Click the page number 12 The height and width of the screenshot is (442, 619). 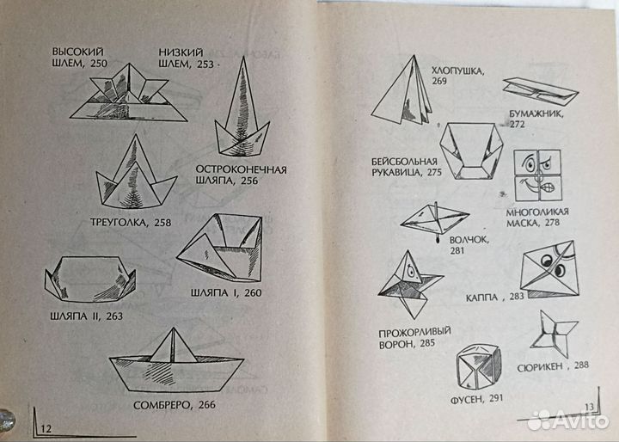point(46,428)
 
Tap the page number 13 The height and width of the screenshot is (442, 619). point(589,407)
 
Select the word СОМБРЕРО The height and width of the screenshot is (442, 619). point(162,405)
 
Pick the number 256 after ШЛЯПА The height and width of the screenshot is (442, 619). point(249,181)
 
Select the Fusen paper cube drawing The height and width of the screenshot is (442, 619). point(479,367)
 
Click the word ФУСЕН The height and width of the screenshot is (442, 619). point(467,400)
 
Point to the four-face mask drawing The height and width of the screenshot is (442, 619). point(537,175)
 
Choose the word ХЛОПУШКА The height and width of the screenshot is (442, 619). point(457,71)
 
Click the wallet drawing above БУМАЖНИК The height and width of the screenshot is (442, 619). point(541,91)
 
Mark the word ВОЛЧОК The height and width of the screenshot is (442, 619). point(469,240)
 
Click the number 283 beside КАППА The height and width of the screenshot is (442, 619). point(517,296)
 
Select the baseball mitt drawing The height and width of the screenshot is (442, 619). point(471,150)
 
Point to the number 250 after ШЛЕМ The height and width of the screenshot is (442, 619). point(99,63)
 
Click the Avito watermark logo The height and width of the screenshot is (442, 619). point(568,421)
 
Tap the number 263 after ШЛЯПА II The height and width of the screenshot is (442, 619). point(114,316)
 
